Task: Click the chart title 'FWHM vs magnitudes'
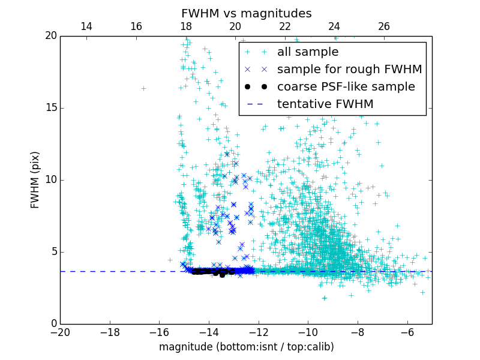pos(246,13)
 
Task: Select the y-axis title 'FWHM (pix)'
pos(35,180)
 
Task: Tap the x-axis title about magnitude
pos(246,347)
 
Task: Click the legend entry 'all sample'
pos(308,52)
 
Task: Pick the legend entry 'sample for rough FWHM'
pos(349,70)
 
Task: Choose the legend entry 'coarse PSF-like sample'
pos(346,87)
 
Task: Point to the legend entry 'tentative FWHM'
pos(325,104)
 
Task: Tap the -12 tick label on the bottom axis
pos(258,332)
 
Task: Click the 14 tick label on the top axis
pos(86,26)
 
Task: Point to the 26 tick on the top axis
pos(384,26)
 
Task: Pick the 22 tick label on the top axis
pos(284,26)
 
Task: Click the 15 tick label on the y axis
pos(50,108)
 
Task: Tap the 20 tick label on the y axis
pos(50,36)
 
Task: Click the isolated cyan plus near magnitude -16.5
pos(143,88)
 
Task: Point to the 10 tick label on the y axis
pos(50,180)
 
